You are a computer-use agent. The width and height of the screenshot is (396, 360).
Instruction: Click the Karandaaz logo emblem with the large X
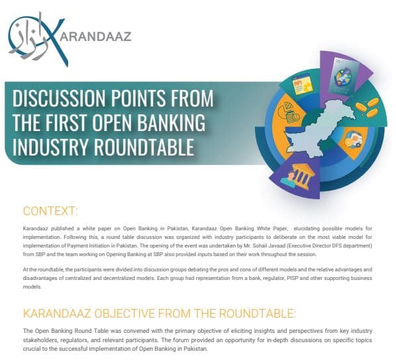(x=38, y=39)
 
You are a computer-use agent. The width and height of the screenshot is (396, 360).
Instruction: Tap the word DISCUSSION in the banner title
(x=58, y=99)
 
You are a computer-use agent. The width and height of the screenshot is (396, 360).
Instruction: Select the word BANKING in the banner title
(x=171, y=122)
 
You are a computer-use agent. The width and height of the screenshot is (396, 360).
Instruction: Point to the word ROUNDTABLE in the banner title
(x=144, y=146)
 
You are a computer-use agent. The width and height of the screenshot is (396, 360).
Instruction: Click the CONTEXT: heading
(x=50, y=211)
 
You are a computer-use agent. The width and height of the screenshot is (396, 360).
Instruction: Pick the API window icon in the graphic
(x=302, y=85)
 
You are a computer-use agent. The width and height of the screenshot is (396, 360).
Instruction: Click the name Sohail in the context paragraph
(x=261, y=246)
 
